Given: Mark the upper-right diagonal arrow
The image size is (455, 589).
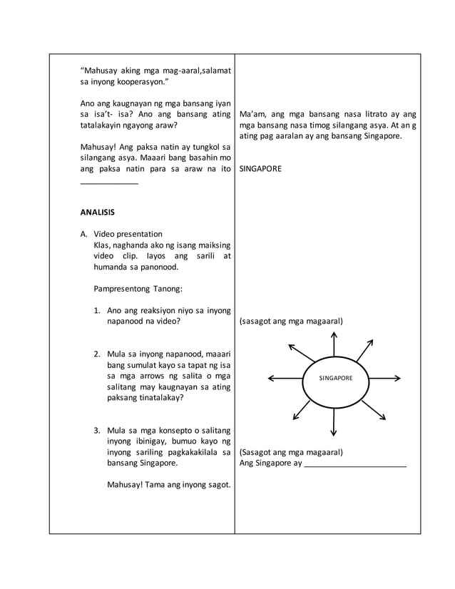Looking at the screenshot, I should [364, 350].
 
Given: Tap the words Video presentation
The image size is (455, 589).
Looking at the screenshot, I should [128, 234].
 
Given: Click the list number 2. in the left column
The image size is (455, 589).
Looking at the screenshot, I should [97, 354].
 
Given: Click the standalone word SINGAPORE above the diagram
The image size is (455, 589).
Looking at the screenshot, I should [261, 169].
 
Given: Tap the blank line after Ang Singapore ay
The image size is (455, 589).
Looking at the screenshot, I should [354, 464].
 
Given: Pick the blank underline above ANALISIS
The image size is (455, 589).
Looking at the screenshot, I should [109, 184].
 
